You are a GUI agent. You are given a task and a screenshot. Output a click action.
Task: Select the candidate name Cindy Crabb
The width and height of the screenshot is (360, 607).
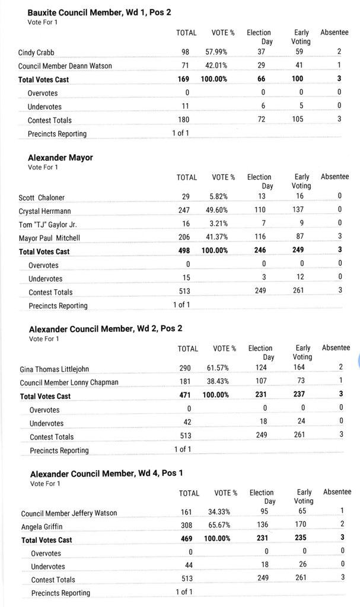[x=36, y=53]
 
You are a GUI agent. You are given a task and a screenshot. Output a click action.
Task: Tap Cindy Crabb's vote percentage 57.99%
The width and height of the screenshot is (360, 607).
[x=216, y=52]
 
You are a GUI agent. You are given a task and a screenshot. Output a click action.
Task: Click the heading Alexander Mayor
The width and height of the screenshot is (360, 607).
[x=60, y=158]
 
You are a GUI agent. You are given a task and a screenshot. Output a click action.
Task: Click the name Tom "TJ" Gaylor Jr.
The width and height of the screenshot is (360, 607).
[x=47, y=225]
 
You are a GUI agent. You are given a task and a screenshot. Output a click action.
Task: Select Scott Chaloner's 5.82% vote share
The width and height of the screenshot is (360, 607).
[x=219, y=197]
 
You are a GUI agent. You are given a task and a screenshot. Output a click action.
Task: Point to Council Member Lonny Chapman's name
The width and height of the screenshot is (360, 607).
[x=69, y=383]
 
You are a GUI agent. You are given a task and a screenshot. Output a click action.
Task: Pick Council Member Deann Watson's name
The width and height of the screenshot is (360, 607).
[x=65, y=66]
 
